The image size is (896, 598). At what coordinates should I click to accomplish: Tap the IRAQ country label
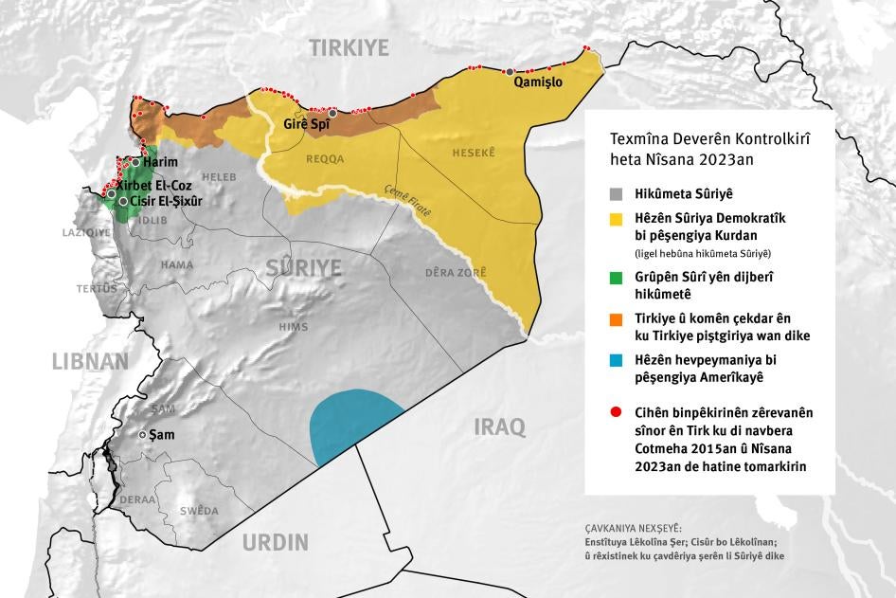pyautogui.click(x=499, y=426)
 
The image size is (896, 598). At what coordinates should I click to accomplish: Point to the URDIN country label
pyautogui.click(x=275, y=542)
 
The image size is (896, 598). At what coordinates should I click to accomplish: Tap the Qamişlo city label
pyautogui.click(x=537, y=82)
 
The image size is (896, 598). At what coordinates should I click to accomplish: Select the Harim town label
pyautogui.click(x=160, y=163)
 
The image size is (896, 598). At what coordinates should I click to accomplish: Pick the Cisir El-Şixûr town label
pyautogui.click(x=166, y=202)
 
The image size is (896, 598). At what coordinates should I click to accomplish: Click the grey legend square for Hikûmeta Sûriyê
pyautogui.click(x=616, y=193)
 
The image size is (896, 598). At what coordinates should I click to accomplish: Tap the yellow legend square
pyautogui.click(x=616, y=219)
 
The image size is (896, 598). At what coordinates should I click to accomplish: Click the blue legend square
pyautogui.click(x=616, y=362)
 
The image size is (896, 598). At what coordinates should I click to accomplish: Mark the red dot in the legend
pyautogui.click(x=616, y=412)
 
